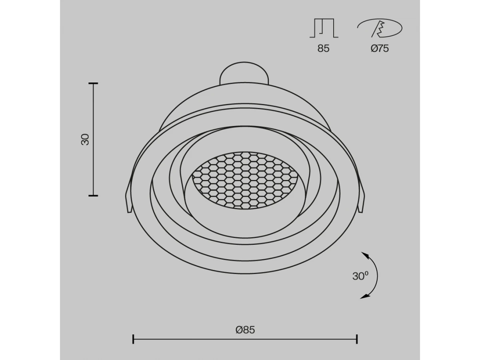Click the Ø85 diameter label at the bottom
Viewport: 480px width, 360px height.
tap(245, 330)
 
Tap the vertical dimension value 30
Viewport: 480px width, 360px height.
tap(85, 139)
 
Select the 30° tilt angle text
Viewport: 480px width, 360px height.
tap(360, 276)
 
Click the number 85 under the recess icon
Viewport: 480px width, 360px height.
tap(323, 48)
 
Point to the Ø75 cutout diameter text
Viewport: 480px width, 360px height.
tap(380, 48)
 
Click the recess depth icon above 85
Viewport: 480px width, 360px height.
tap(324, 28)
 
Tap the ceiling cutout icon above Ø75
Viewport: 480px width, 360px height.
tap(380, 28)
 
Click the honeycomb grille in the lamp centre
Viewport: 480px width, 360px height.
tap(245, 180)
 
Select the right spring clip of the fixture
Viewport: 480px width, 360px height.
tap(361, 198)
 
